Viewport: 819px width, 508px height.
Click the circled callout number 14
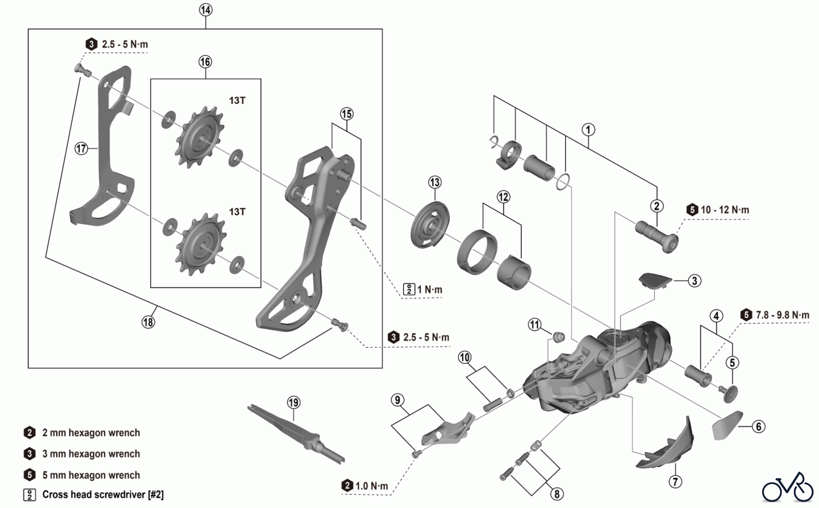coord(206,10)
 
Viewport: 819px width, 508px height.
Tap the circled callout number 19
coord(293,402)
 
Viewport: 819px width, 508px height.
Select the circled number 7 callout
coord(675,481)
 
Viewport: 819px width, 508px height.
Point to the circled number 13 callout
coord(435,183)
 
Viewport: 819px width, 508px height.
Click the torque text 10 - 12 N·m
coord(724,210)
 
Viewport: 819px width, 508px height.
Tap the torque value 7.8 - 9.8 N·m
coord(782,315)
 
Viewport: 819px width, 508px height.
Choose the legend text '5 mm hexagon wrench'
coord(91,475)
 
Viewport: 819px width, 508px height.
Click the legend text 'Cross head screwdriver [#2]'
coord(102,494)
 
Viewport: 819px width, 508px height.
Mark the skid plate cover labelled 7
coord(667,446)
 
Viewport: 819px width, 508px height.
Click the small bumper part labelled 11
coord(558,337)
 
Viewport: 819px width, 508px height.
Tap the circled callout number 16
coord(205,62)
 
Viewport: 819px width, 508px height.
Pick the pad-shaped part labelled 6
coord(726,425)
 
